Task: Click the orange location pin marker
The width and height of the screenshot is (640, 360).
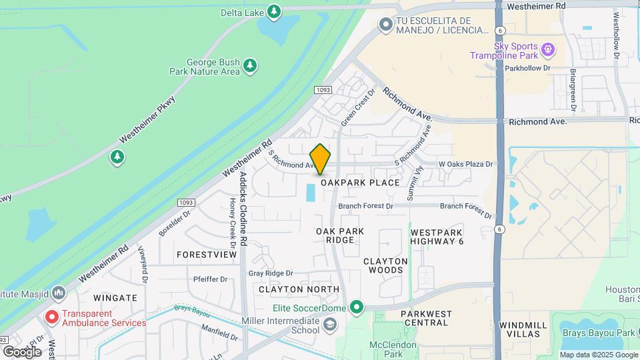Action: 320,160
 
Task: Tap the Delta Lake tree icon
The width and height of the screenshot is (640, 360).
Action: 274,11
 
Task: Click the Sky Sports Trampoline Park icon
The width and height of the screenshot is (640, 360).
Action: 548,48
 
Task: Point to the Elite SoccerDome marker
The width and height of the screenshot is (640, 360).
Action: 357,307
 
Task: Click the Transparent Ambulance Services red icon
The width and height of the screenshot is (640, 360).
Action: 51,317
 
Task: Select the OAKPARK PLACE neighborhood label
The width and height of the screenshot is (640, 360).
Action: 360,183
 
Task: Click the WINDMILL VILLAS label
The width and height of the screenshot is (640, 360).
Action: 523,329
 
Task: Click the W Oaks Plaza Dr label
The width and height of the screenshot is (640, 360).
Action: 465,164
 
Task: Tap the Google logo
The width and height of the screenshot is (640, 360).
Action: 22,351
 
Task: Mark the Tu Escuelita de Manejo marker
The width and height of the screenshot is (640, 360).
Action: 385,25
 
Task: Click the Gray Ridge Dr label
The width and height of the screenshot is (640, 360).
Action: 271,273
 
